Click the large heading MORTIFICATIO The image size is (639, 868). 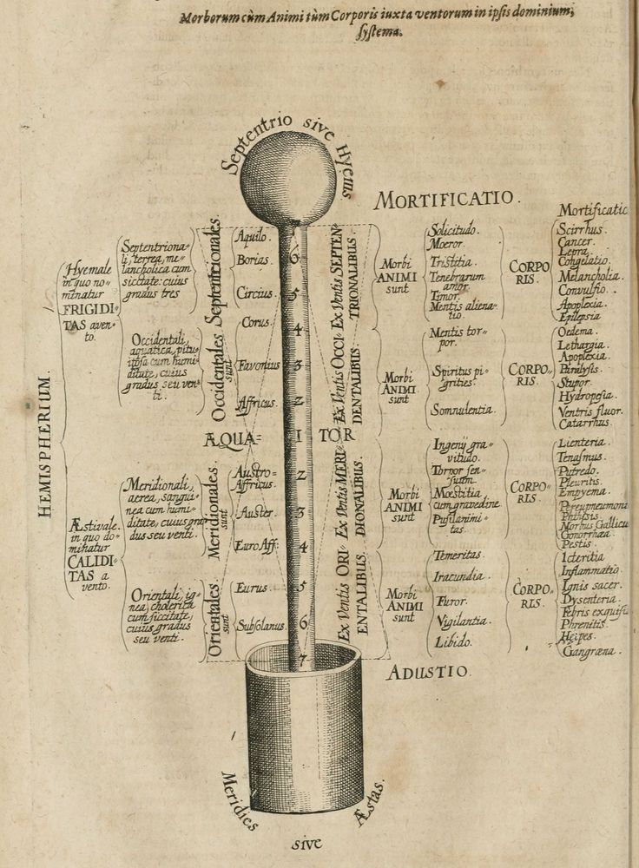[x=445, y=200]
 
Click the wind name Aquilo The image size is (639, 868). [x=254, y=235]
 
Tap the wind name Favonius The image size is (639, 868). [x=259, y=365]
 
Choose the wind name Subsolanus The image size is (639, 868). [x=257, y=623]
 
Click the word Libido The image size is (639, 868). [x=452, y=641]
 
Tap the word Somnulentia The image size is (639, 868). [x=462, y=409]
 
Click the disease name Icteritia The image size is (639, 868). [x=583, y=556]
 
